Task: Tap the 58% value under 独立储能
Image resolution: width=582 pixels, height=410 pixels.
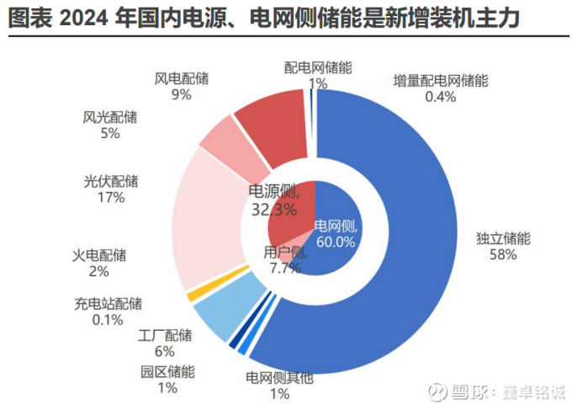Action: pos(503,255)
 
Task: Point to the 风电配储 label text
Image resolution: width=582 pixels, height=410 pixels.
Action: pos(181,78)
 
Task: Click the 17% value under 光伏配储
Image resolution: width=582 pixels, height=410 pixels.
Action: pos(111,198)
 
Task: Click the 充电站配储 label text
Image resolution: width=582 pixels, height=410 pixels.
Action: pos(108,304)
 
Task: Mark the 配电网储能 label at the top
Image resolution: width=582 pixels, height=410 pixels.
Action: pos(318,67)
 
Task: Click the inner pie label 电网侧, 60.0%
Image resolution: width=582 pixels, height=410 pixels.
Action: pos(336,233)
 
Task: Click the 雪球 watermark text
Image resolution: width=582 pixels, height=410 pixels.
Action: pos(459,392)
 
